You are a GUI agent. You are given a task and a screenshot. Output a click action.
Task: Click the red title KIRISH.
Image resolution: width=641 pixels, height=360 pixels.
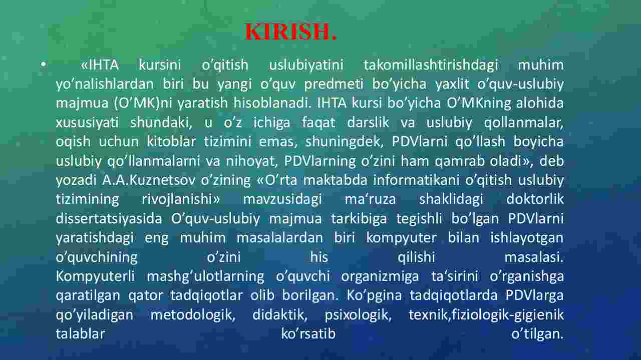click(x=291, y=32)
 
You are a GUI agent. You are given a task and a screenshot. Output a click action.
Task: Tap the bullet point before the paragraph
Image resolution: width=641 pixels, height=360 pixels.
click(x=43, y=64)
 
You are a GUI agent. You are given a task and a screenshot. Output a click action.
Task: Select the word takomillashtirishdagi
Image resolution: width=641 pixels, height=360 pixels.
click(x=431, y=65)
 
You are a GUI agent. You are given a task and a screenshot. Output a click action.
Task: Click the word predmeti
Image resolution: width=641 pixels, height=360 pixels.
click(x=334, y=84)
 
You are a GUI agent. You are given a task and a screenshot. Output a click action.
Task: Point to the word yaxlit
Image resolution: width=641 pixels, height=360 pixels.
click(x=452, y=84)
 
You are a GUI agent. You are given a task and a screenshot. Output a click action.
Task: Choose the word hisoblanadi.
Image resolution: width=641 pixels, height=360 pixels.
click(x=272, y=103)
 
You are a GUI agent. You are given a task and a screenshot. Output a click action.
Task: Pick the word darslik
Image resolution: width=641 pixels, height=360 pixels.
click(x=368, y=122)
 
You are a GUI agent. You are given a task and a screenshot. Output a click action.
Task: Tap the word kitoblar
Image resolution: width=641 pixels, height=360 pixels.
click(x=171, y=141)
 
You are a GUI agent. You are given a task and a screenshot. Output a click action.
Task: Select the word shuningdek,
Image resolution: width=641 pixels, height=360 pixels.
click(x=344, y=142)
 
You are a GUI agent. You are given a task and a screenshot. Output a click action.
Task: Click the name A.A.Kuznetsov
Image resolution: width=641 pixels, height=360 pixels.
click(x=148, y=180)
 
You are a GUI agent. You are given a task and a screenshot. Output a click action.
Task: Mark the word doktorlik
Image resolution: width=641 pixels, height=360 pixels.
click(x=535, y=199)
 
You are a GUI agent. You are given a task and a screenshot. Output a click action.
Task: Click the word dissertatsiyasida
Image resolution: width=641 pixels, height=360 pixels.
click(x=109, y=218)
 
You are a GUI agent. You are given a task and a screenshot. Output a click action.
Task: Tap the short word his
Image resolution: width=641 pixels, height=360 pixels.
click(x=319, y=257)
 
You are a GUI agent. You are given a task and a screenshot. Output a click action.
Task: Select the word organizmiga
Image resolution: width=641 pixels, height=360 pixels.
click(x=380, y=276)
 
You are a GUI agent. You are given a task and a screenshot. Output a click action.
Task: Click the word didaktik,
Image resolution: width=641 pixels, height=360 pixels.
click(x=280, y=315)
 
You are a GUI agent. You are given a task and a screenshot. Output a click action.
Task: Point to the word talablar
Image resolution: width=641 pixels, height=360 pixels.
click(x=81, y=333)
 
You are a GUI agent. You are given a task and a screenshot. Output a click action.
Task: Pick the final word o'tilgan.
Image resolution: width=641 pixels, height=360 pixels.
click(x=537, y=334)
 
